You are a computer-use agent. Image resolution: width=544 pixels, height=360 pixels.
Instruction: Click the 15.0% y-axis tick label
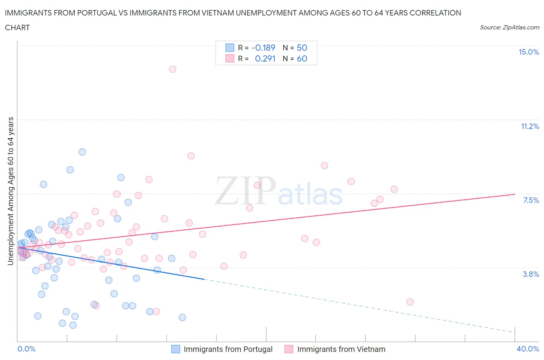pos(529,52)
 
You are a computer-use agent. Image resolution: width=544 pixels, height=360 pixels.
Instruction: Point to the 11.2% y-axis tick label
pos(530,126)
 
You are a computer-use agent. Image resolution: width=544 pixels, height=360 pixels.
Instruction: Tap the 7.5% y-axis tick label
pos(531,200)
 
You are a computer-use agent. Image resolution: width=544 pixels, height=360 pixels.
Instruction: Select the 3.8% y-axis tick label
pos(531,274)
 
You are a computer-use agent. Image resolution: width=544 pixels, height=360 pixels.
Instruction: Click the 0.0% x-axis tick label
pos(26,349)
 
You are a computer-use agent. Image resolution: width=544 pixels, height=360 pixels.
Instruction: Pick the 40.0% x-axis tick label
pos(528,349)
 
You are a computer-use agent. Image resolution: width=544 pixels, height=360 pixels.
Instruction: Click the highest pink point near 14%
pos(173,69)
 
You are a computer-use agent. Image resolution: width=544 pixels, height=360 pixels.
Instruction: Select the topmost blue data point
pos(82,152)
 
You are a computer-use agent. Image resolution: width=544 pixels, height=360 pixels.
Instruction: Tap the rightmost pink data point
pos(410,302)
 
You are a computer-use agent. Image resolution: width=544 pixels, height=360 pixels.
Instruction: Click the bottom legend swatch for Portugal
pos(176,349)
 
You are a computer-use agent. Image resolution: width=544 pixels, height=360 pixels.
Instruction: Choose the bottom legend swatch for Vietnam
pos(289,349)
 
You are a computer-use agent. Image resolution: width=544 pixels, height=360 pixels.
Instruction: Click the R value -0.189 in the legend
pos(263,48)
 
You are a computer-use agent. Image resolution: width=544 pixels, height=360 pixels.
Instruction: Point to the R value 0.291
pos(265,58)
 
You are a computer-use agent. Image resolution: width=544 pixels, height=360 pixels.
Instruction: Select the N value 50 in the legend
pos(302,48)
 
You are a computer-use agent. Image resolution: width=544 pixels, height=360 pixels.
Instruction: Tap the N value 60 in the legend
pos(302,58)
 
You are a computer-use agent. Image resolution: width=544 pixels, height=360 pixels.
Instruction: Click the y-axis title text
pos(10,191)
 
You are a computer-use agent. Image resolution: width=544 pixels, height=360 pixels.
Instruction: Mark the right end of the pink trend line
pos(515,194)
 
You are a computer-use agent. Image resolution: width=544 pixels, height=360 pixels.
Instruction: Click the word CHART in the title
pos(17,27)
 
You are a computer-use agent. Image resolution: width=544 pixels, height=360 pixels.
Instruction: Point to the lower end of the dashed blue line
pos(515,332)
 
